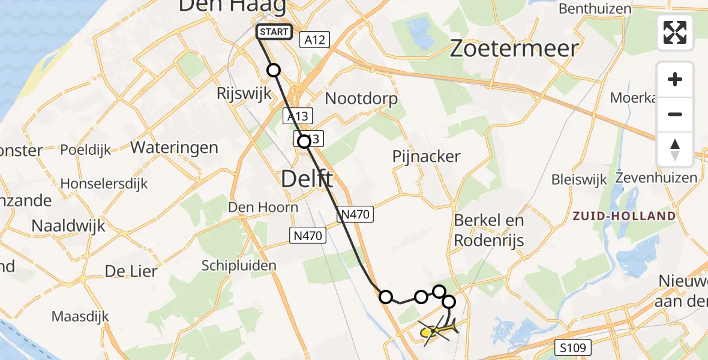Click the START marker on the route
click(x=274, y=32)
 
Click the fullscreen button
click(x=675, y=32)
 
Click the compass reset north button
click(x=675, y=149)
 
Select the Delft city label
click(x=307, y=178)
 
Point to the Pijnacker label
click(x=426, y=157)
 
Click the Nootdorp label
click(x=361, y=98)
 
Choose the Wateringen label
click(x=174, y=147)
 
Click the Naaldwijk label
click(x=68, y=226)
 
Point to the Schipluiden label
click(x=239, y=265)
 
